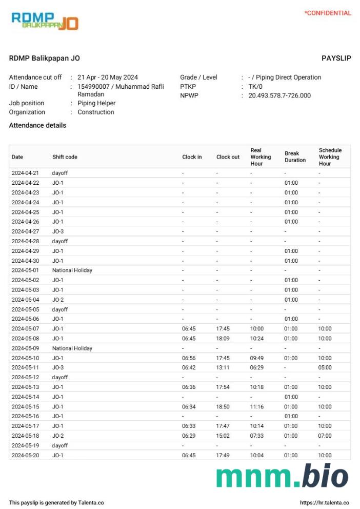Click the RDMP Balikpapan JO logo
pos(45,21)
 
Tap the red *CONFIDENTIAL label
pos(328,13)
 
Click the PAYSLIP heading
pos(336,58)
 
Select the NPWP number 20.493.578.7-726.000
pos(279,95)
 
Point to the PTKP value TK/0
pos(255,86)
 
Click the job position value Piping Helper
pos(96,103)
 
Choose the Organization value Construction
pos(96,112)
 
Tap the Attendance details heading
pos(37,125)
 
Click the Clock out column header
pos(228,157)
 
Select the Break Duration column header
pos(295,156)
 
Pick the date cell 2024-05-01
pos(25,270)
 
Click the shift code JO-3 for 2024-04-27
pos(58,231)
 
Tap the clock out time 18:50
pos(223,406)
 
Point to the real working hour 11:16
pos(257,406)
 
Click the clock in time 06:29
pos(189,436)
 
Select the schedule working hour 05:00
pos(325,367)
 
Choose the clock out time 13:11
pos(223,367)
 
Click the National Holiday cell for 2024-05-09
pos(72,348)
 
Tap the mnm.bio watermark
pos(282,476)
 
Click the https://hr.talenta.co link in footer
pos(324,503)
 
